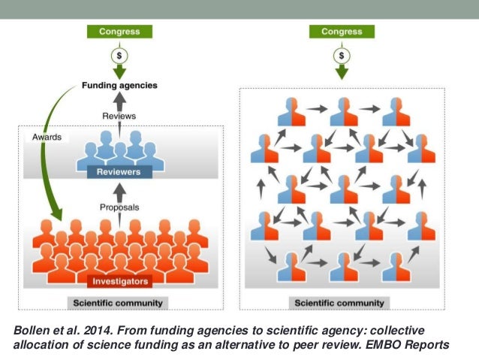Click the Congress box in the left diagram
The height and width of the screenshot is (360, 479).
coord(119,32)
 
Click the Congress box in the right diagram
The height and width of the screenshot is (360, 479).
coord(342,32)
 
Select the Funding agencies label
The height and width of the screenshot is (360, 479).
coord(119,86)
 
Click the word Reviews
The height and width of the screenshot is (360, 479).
coord(119,116)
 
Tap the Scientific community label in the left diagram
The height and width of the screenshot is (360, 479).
coord(119,304)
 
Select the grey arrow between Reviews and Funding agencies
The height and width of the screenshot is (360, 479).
coord(119,101)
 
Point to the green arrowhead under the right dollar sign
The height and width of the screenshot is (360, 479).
coord(342,73)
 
